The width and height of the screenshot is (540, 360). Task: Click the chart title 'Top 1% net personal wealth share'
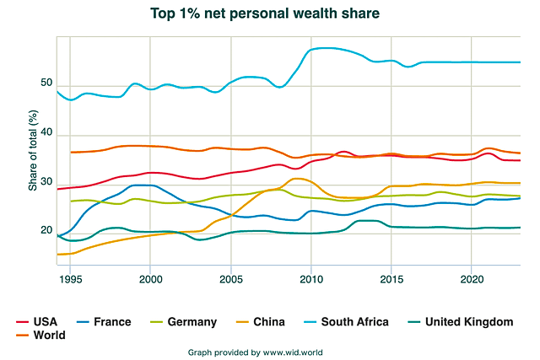[264, 13]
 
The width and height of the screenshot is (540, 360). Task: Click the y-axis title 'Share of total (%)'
[33, 150]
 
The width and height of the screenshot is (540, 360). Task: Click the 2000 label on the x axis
[150, 278]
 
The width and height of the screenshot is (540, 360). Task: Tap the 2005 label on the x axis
[231, 278]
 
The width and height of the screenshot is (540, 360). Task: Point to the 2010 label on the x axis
[311, 278]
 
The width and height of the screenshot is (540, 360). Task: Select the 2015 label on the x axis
[392, 278]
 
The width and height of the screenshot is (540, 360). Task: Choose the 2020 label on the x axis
[472, 278]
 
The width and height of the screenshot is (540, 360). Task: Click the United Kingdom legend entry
[465, 321]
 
